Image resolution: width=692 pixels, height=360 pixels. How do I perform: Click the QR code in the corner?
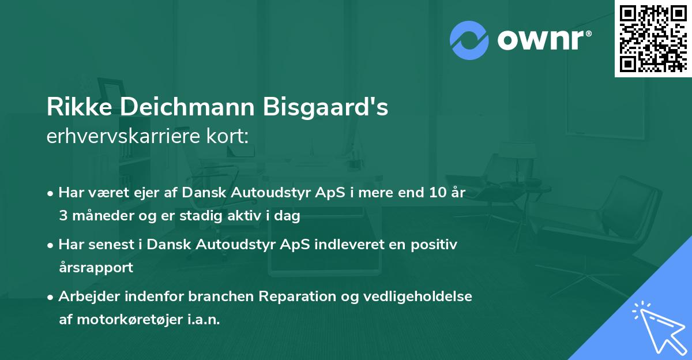[653, 39]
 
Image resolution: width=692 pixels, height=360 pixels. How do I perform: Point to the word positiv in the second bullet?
[436, 245]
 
